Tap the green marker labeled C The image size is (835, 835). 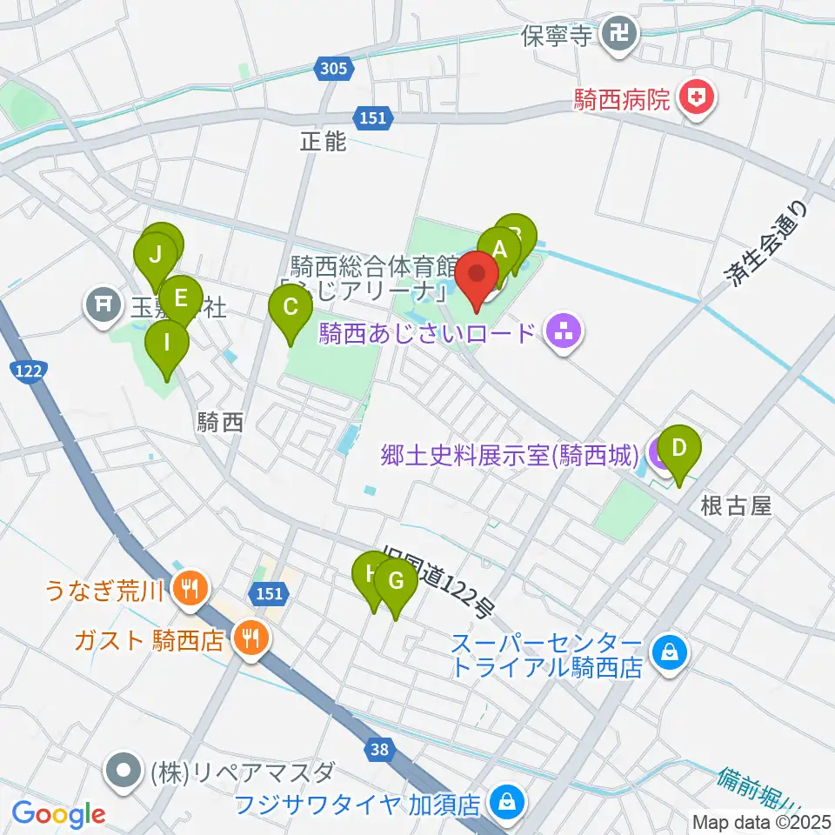coord(291,307)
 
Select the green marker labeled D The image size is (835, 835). coord(680,450)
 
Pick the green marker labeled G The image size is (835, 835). coord(396,581)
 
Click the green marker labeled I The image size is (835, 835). coord(167,343)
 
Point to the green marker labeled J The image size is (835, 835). coord(156,256)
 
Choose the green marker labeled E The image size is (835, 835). coord(180,299)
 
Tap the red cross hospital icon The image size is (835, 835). coord(696,98)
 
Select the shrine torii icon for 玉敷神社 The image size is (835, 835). coord(104,304)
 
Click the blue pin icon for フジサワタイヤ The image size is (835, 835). coord(504,801)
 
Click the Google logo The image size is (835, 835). coord(58,813)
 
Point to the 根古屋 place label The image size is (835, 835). coord(736,507)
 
